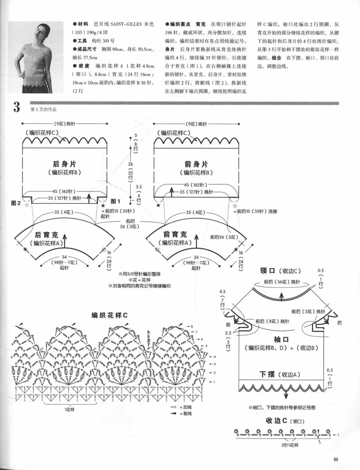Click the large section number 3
(x=16, y=107)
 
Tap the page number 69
(x=336, y=460)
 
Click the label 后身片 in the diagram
(x=64, y=164)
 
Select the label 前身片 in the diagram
(x=196, y=164)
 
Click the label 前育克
(x=175, y=235)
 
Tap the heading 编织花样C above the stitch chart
(x=109, y=315)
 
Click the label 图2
(x=16, y=203)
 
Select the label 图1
(x=115, y=201)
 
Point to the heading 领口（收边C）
(x=280, y=271)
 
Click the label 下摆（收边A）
(x=280, y=374)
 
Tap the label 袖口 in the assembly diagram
(x=281, y=339)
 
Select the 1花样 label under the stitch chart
(x=69, y=409)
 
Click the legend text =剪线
(x=185, y=414)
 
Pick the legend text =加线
(x=185, y=407)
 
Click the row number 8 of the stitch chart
(x=192, y=326)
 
